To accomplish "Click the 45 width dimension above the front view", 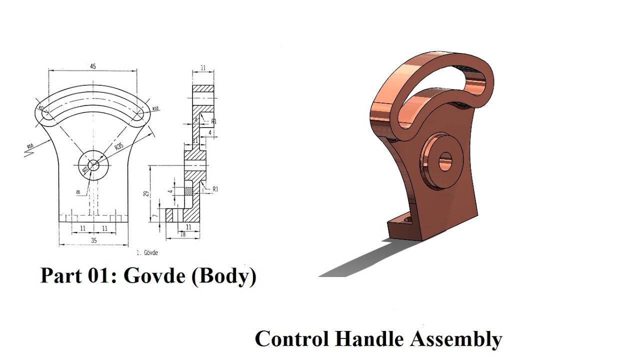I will [x=93, y=65].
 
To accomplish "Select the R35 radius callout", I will [x=118, y=146].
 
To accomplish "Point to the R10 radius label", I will [x=155, y=108].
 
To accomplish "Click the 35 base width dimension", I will [x=93, y=240].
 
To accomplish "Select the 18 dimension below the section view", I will [x=182, y=233].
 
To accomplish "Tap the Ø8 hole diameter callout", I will [x=78, y=191].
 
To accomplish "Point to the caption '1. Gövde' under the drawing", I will [x=147, y=253].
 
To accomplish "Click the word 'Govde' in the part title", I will [x=154, y=275].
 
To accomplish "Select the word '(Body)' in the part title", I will [x=223, y=276].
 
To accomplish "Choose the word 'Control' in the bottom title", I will [x=291, y=338].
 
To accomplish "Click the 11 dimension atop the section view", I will [x=203, y=67].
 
